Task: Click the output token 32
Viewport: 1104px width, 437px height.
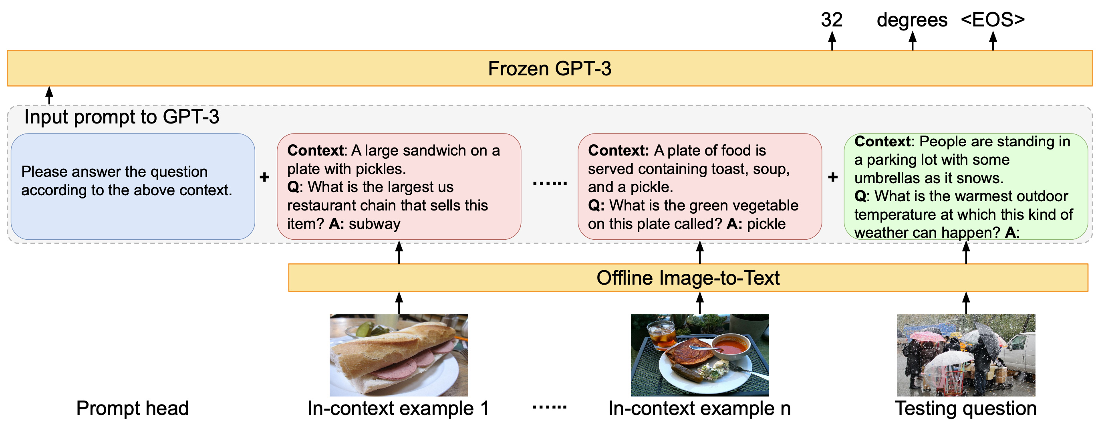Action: coord(832,20)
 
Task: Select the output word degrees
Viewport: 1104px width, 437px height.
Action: coord(912,20)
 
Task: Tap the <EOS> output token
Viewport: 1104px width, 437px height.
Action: coord(993,20)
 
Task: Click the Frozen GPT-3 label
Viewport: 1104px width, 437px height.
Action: coord(550,69)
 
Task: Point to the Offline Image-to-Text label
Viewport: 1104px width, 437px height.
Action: coord(687,278)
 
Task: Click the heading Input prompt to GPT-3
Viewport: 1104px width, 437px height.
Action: coord(122,117)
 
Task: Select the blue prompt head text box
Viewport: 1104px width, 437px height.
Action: coord(133,186)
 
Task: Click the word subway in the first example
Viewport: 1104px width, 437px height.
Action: coord(375,224)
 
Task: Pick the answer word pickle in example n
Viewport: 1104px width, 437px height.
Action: coord(766,224)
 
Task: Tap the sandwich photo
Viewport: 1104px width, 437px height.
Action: coord(399,355)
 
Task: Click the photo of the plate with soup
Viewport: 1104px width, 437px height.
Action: coord(699,355)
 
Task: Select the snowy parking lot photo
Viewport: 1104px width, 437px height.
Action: coord(966,355)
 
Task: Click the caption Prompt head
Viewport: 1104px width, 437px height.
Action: coord(133,408)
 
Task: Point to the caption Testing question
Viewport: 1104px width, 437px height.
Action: coord(965,408)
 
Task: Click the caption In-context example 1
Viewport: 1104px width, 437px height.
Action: coord(399,408)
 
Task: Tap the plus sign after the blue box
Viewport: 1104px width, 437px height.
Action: coord(265,177)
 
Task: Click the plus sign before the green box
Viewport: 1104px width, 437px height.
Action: coord(833,177)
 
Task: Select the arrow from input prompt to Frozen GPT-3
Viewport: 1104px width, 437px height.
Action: coord(49,95)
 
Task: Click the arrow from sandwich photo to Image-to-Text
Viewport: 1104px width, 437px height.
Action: coord(399,303)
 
